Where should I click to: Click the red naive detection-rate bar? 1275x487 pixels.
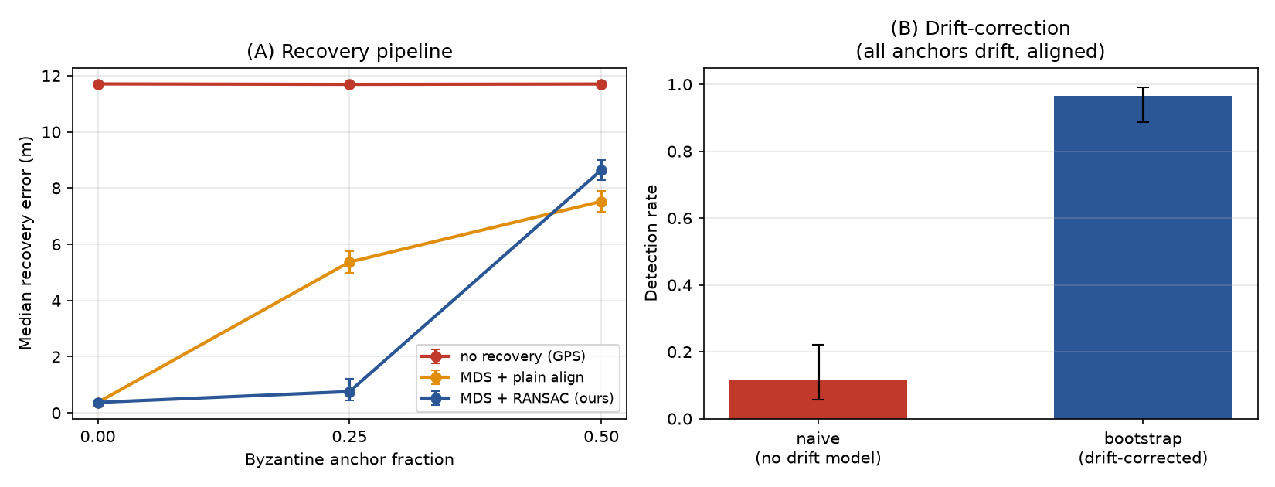[818, 399]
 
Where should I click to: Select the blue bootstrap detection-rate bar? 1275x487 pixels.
[1143, 257]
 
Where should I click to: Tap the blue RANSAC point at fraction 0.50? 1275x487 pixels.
[601, 170]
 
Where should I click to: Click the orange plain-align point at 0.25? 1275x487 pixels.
[349, 263]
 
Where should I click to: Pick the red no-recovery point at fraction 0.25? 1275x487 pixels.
[349, 84]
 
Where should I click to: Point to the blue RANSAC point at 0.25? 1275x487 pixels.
[349, 392]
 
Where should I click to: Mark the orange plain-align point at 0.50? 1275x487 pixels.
[601, 202]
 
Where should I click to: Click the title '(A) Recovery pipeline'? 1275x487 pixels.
[349, 51]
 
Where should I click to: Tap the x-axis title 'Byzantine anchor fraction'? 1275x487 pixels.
[349, 459]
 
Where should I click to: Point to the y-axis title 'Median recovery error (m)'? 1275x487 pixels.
[25, 243]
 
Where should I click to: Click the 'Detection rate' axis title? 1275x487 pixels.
[651, 243]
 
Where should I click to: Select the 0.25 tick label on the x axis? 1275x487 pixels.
[349, 437]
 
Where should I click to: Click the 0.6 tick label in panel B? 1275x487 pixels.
[680, 219]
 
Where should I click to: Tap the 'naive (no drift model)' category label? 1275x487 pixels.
[818, 448]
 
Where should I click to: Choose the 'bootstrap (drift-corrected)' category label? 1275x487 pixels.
[1143, 448]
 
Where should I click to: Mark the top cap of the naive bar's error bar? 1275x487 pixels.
[818, 345]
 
